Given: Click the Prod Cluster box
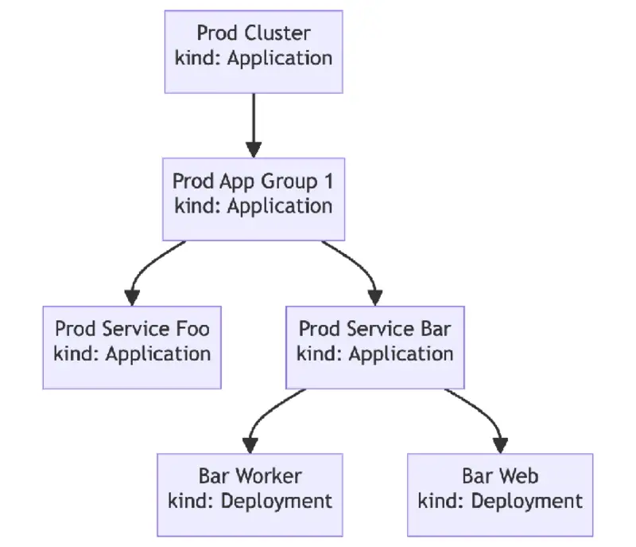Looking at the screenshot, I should click(x=254, y=52).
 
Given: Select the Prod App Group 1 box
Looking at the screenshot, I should click(x=254, y=199).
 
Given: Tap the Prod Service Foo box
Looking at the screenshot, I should click(x=132, y=347).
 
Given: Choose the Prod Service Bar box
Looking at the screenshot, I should click(x=375, y=347).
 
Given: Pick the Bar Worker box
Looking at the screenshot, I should click(x=250, y=494).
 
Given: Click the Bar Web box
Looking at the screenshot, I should click(x=500, y=494).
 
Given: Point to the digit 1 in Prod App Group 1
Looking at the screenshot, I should click(x=328, y=182).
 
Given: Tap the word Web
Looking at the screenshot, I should click(x=522, y=476).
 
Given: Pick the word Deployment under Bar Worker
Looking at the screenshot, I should click(x=275, y=501).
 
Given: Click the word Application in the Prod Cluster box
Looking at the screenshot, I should click(x=279, y=58).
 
